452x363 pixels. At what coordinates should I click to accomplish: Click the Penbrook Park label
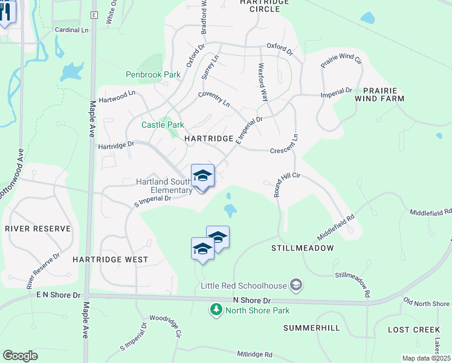(x=153, y=74)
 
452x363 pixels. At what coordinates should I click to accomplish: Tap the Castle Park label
(x=163, y=125)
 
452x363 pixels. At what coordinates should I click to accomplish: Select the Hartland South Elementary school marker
(x=202, y=177)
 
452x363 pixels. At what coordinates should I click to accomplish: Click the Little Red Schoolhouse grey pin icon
(x=295, y=284)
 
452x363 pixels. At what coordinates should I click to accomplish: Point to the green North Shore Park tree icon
(x=216, y=310)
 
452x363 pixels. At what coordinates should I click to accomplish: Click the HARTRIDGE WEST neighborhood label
(x=111, y=260)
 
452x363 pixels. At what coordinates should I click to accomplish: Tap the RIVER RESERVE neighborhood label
(x=38, y=229)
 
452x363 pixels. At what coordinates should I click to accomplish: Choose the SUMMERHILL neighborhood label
(x=312, y=328)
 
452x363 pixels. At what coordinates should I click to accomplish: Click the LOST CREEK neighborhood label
(x=414, y=330)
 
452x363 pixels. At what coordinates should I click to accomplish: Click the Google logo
(x=20, y=355)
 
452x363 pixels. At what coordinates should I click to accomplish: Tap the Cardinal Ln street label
(x=71, y=29)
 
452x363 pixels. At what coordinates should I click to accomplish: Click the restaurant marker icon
(x=5, y=13)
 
